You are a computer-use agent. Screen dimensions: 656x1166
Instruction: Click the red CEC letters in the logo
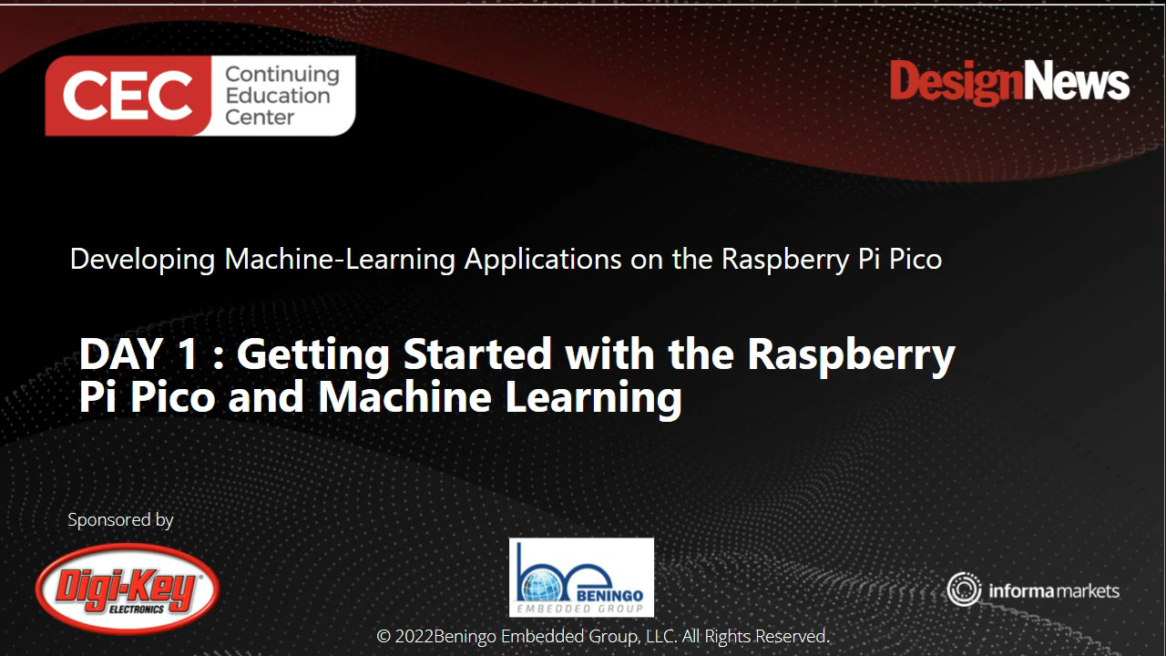pos(128,96)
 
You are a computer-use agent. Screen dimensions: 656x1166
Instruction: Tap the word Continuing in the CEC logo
pos(281,75)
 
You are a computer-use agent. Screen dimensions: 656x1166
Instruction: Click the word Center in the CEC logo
pos(260,118)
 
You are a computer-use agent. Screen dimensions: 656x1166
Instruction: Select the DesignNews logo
pos(1009,83)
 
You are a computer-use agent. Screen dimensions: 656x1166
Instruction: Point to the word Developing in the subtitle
pos(143,260)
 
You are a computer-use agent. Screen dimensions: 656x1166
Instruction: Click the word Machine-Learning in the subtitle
pos(340,260)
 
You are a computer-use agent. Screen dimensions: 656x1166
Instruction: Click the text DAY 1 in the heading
pos(138,354)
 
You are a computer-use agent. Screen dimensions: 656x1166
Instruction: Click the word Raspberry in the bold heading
pos(851,354)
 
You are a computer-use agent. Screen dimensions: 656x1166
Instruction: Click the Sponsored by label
pos(120,520)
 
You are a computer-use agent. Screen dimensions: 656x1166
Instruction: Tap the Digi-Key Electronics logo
pos(128,589)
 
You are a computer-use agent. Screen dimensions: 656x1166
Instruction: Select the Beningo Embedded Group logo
pos(581,577)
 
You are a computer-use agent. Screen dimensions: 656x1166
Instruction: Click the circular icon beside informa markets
pos(963,589)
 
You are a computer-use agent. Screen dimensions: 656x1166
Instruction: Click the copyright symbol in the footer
pos(384,636)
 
